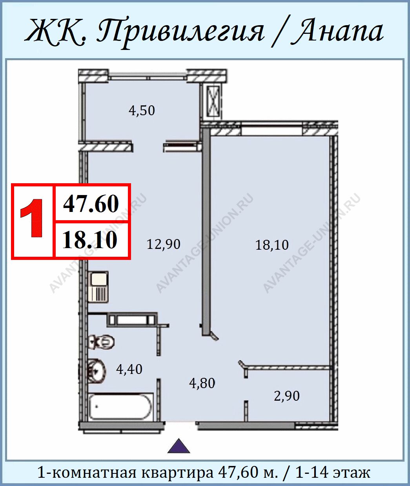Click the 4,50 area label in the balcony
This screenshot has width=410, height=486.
142,110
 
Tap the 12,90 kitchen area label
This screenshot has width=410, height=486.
164,244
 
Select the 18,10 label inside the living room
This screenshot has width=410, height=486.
272,245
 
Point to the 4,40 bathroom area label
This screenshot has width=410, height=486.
129,369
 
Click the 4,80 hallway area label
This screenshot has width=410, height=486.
202,383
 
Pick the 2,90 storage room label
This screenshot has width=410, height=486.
287,396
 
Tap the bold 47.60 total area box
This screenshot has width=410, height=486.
91,204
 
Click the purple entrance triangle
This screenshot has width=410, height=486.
179,446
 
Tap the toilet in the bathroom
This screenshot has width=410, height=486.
101,342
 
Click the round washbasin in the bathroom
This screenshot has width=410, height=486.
97,371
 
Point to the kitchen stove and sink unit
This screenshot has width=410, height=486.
98,287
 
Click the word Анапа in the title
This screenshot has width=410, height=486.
337,32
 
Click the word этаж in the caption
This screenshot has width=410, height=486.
352,471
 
